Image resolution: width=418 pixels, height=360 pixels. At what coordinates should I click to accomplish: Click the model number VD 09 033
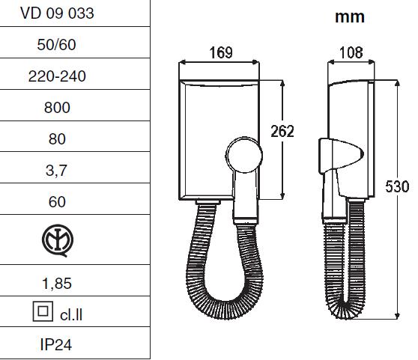point(57,13)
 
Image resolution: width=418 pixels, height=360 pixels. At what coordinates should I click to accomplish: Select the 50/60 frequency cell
point(56,44)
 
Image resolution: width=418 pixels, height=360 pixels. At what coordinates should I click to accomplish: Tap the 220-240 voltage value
point(57,76)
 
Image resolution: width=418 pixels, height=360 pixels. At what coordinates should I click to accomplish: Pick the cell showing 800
point(57,108)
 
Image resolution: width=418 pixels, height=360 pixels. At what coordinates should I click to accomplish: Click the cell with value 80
point(57,139)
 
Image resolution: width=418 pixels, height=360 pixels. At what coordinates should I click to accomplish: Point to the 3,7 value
point(56,171)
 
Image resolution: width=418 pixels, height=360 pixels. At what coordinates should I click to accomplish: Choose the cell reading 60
point(57,202)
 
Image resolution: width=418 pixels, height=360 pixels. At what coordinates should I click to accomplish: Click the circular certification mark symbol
point(58,240)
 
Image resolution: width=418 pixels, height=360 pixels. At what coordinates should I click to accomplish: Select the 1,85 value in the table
point(57,284)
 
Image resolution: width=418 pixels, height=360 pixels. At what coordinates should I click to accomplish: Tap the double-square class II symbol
point(43,311)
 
